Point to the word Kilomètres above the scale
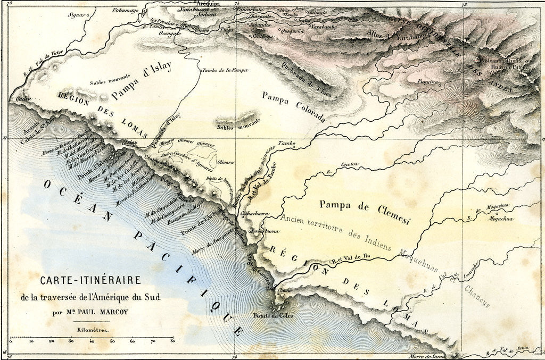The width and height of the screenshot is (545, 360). coord(91,330)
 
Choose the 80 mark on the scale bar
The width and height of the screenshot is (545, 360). coord(172,341)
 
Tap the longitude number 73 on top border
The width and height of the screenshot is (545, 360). coord(465,4)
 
